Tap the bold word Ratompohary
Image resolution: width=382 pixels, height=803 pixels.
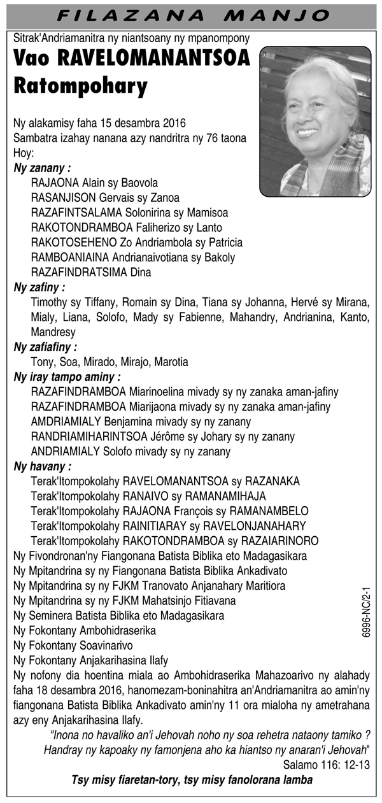pyautogui.click(x=80, y=85)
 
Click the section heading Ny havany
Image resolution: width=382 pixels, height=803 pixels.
pyautogui.click(x=42, y=467)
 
